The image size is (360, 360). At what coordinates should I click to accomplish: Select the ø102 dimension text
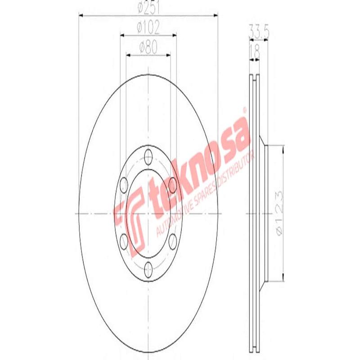(148, 28)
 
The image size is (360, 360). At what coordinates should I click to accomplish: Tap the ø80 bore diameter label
(148, 46)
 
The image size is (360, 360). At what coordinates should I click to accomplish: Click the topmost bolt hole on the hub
(148, 157)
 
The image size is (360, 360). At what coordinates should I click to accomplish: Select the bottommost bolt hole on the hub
(148, 269)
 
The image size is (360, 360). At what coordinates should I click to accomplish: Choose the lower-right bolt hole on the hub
(173, 241)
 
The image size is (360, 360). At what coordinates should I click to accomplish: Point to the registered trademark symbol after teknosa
(244, 110)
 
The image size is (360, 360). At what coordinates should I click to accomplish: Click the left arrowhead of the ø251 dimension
(81, 17)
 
